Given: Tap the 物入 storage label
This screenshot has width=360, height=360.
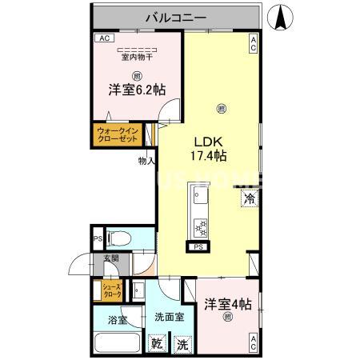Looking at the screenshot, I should pyautogui.click(x=146, y=161).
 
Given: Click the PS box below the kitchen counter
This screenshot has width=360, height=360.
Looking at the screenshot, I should pyautogui.click(x=198, y=247).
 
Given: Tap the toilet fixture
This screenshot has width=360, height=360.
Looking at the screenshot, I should pyautogui.click(x=118, y=239).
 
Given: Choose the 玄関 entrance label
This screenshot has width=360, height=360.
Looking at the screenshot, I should pyautogui.click(x=110, y=258).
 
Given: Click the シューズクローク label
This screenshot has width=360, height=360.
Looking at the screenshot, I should pyautogui.click(x=110, y=290).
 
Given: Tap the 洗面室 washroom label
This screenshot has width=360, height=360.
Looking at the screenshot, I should pyautogui.click(x=169, y=317).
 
